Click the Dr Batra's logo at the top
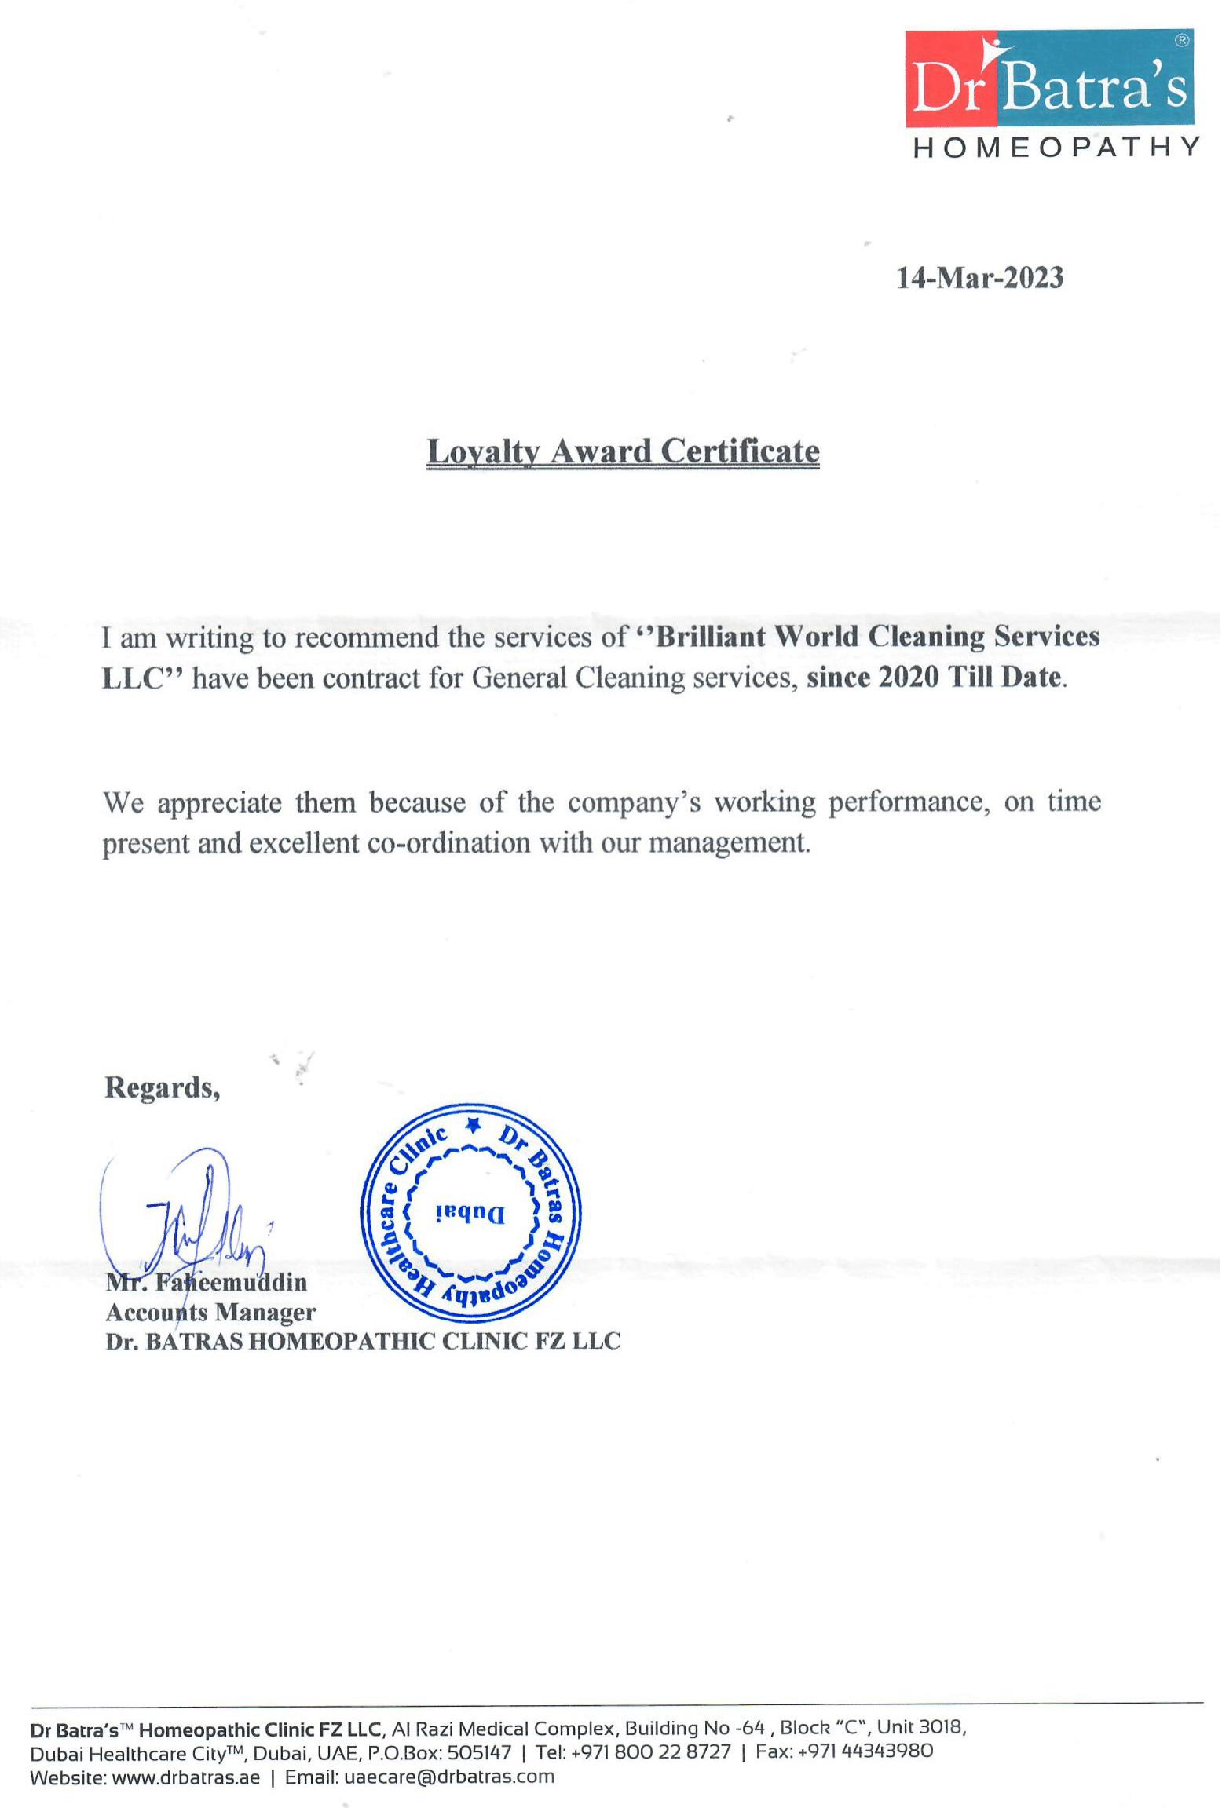(x=1049, y=79)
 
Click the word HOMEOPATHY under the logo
(x=1056, y=148)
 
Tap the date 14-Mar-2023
(x=980, y=278)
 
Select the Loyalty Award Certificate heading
(x=623, y=451)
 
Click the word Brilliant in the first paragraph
(x=710, y=636)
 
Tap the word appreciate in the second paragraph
(x=219, y=802)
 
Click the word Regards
(x=162, y=1087)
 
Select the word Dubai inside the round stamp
(x=470, y=1214)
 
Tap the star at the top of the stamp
(x=473, y=1125)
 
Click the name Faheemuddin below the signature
(x=230, y=1282)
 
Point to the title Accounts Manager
(x=210, y=1312)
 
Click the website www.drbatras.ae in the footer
(x=185, y=1777)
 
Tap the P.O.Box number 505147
(x=479, y=1752)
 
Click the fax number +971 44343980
(x=865, y=1752)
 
